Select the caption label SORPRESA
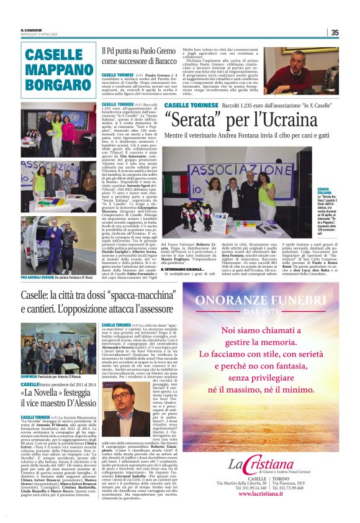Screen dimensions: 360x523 click(30, 358)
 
